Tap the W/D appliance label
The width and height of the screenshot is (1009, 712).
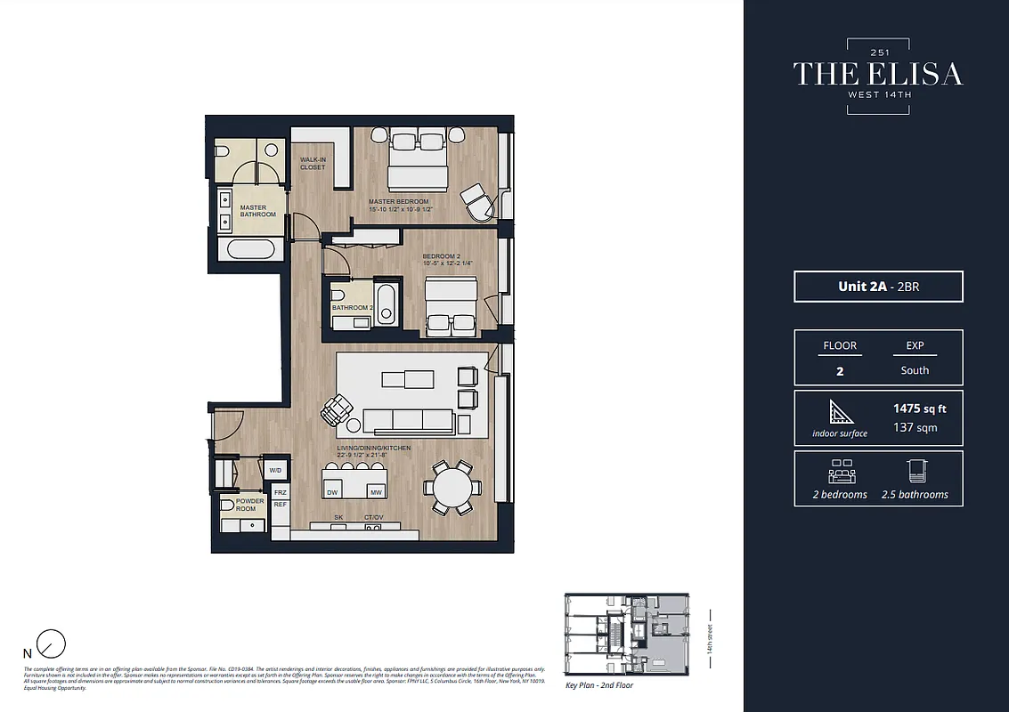click(275, 470)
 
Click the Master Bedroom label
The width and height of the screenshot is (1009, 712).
click(399, 201)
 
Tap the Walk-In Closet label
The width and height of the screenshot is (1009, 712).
click(313, 164)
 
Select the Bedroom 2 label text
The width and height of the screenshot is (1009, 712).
click(441, 256)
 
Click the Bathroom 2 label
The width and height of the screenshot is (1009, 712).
click(351, 308)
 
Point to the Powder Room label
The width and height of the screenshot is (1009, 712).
click(250, 505)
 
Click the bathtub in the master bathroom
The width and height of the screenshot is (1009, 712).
click(249, 248)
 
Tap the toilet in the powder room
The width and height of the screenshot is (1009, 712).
click(226, 506)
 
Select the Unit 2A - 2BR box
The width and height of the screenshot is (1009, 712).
click(878, 287)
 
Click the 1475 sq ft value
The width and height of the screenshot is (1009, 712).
click(919, 409)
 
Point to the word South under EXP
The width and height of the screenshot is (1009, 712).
click(915, 370)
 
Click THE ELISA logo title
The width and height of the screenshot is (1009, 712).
click(878, 74)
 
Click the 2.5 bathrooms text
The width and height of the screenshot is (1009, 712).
click(915, 494)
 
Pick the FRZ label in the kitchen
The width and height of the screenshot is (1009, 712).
click(280, 492)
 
